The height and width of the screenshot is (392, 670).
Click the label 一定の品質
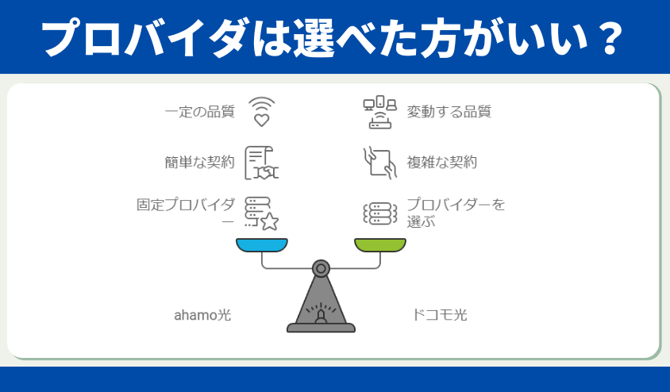tap(200, 112)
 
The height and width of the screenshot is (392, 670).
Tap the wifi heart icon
tap(261, 112)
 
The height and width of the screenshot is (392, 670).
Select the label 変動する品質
tap(449, 112)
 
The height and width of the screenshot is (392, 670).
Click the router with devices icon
tap(380, 113)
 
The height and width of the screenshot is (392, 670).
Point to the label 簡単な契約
tap(200, 162)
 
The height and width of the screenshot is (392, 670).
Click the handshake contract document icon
tap(261, 163)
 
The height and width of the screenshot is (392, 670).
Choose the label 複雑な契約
tap(442, 162)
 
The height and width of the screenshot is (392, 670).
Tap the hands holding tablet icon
tap(380, 163)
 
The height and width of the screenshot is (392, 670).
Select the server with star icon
tap(261, 213)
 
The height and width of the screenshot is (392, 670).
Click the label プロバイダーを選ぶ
tap(456, 212)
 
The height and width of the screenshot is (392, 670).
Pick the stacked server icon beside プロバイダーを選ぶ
tap(380, 213)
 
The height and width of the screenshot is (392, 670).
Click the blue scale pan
tap(262, 244)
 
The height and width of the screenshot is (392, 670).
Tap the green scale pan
tap(380, 244)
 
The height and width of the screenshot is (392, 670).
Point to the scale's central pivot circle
tap(321, 268)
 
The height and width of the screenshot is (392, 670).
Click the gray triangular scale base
tap(321, 304)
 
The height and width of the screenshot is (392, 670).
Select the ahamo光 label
tap(202, 315)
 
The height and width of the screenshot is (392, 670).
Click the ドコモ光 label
tap(439, 315)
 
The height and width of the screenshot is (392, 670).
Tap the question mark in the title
tap(605, 37)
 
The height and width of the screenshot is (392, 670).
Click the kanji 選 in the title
tap(314, 37)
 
